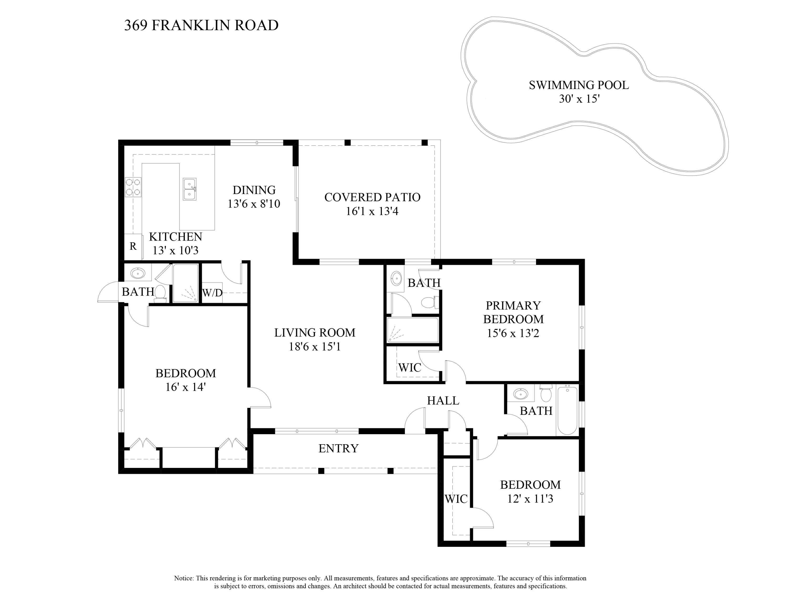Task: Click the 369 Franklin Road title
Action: pos(201,25)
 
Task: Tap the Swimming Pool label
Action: pos(579,85)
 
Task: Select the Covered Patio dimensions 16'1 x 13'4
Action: pos(372,211)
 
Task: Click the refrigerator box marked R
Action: pos(133,247)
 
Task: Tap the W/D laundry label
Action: pos(212,293)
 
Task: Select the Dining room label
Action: pos(254,190)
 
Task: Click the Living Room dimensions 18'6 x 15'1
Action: pos(315,347)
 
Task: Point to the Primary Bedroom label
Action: pos(513,312)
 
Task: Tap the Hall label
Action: pos(443,401)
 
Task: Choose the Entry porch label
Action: pos(338,448)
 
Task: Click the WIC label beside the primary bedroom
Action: pos(410,368)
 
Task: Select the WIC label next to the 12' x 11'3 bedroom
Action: pos(456,499)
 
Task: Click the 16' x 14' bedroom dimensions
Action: pos(185,387)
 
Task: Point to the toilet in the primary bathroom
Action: pos(429,302)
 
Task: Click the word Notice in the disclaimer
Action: pos(184,578)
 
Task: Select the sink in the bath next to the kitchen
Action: pos(138,273)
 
